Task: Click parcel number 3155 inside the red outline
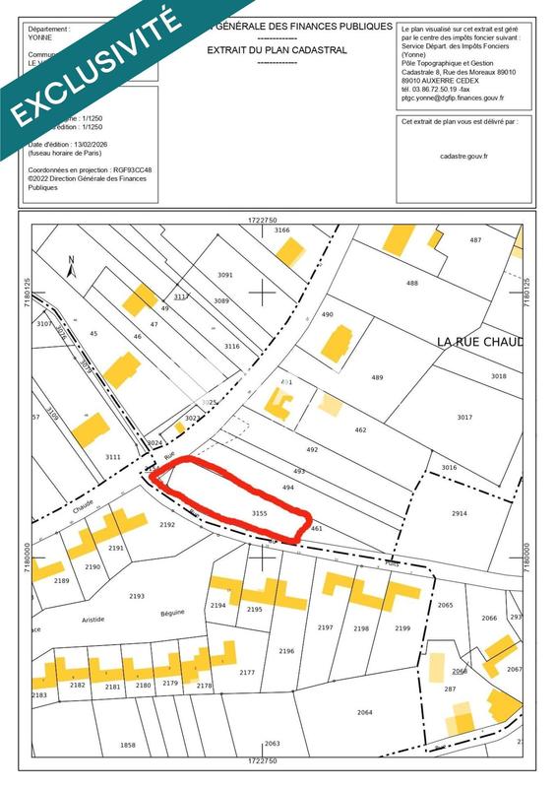point(260,513)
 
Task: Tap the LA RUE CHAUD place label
point(480,342)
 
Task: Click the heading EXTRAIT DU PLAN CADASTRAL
point(277,48)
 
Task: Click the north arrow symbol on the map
point(72,265)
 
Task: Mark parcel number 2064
point(364,711)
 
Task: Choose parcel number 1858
point(127,746)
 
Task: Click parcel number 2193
point(136,596)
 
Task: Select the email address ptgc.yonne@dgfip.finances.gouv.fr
point(453,98)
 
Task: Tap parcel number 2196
point(286,651)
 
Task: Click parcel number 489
point(376,377)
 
